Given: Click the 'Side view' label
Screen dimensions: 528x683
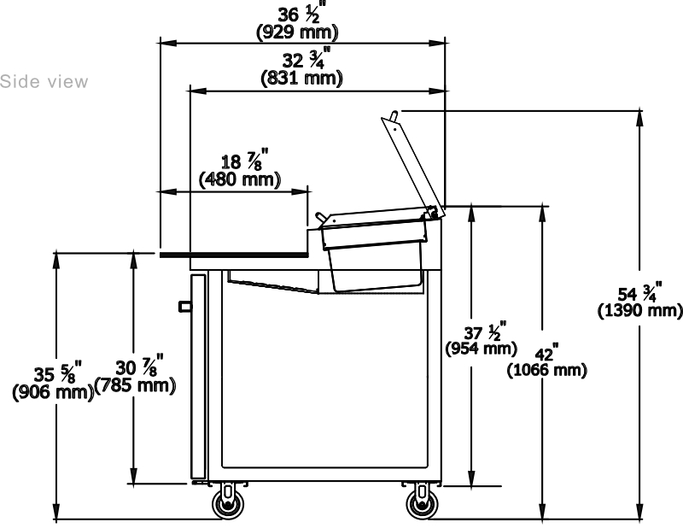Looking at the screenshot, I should coord(44,82).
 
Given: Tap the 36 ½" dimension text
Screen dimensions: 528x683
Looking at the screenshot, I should coord(298,15).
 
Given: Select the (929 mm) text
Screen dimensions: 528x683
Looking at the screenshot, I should coord(297,33).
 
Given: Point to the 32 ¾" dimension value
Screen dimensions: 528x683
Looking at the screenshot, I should coord(301,60).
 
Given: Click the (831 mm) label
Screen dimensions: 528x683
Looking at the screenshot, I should coord(301,78).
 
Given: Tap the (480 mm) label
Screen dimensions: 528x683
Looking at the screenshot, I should coord(240,179).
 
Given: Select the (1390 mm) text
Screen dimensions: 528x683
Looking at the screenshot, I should coord(639,310).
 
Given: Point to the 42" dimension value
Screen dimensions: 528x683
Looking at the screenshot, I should coord(544,354).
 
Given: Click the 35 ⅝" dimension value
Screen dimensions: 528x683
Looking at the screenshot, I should coord(51,374).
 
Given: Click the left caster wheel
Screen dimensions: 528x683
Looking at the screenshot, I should coord(227,504).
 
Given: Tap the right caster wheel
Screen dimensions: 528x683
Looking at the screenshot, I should coord(419,504).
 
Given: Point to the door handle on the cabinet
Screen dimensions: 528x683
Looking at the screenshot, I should coord(184,305).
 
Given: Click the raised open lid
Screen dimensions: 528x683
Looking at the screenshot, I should coord(413,161).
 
